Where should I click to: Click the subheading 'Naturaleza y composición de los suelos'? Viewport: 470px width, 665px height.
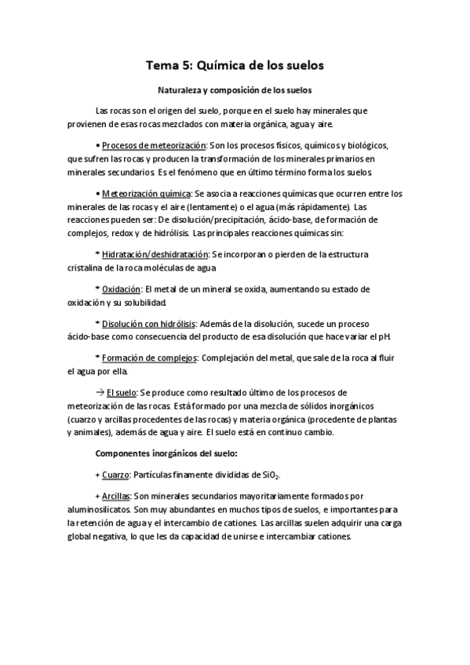235,90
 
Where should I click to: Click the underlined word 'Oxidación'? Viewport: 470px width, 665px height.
122,289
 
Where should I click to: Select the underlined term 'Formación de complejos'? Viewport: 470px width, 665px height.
149,358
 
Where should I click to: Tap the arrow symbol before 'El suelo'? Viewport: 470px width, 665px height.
100,392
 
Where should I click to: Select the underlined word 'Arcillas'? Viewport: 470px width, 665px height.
117,496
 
